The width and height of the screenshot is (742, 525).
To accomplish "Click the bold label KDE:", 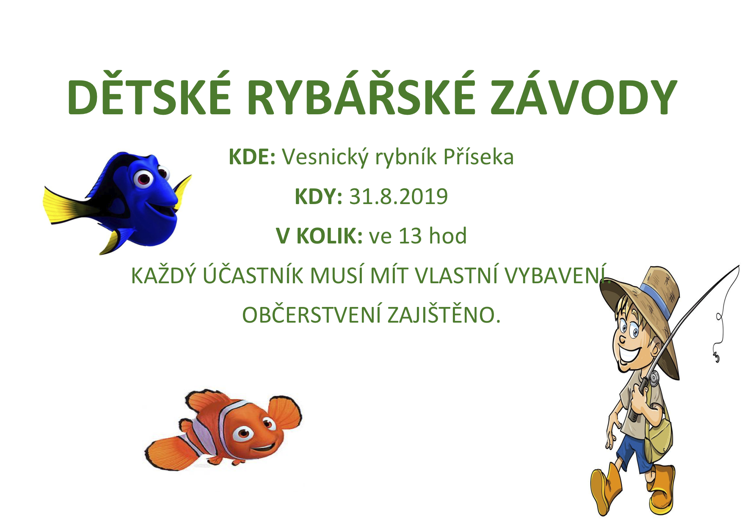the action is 252,157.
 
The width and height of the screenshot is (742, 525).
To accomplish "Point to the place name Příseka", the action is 478,157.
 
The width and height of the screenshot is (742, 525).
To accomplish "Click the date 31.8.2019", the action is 398,196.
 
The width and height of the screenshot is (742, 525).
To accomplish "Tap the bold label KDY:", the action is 318,196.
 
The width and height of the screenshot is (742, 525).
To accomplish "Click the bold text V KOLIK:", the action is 319,236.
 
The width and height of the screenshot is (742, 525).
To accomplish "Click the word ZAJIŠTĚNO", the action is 444,315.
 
